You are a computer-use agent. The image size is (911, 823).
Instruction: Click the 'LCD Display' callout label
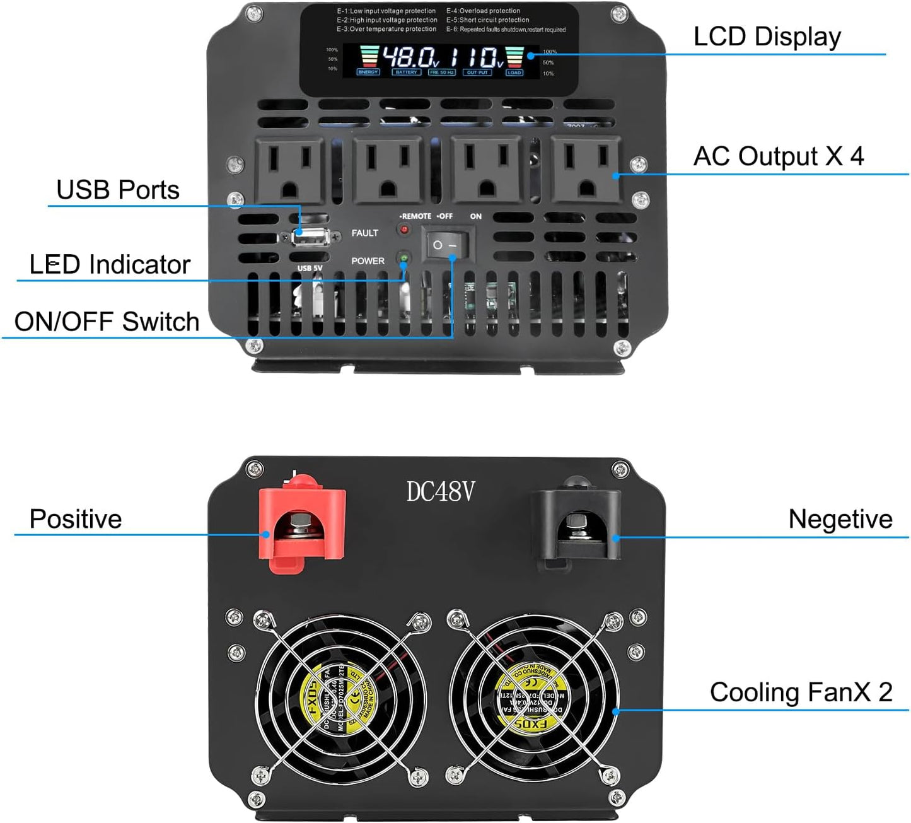click(767, 37)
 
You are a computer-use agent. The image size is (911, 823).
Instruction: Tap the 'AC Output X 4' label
click(778, 156)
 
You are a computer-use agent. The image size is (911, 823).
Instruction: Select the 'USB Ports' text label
click(118, 190)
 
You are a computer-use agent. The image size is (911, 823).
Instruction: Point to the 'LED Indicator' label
click(110, 264)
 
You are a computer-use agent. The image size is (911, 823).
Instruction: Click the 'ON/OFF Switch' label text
click(107, 322)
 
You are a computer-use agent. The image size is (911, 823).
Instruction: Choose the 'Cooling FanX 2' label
click(801, 692)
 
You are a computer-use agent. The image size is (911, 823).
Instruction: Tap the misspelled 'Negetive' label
click(840, 519)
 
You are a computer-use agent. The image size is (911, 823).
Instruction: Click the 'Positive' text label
click(76, 519)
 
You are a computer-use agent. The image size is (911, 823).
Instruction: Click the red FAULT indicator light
click(403, 230)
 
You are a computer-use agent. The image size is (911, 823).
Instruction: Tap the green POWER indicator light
click(403, 258)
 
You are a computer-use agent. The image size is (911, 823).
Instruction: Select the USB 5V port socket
click(308, 237)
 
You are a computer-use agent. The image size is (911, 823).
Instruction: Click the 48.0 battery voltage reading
click(410, 58)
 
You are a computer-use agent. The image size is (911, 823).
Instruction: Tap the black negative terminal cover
click(576, 525)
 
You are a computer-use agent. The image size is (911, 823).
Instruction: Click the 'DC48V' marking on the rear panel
click(440, 492)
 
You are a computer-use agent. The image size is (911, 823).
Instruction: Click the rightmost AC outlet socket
click(586, 169)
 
